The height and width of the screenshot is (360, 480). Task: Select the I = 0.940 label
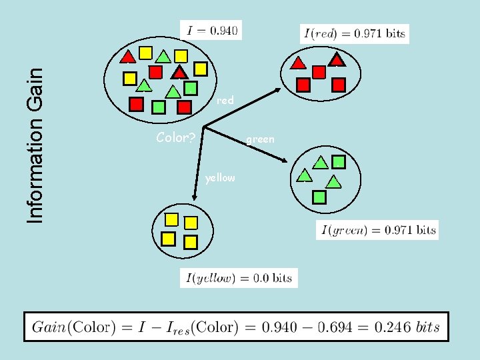pyautogui.click(x=209, y=30)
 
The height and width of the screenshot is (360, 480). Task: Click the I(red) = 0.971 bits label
pyautogui.click(x=354, y=33)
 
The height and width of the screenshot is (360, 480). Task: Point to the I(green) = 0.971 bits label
pyautogui.click(x=378, y=231)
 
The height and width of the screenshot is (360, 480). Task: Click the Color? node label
pyautogui.click(x=175, y=139)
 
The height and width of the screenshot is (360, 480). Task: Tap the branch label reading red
pyautogui.click(x=225, y=101)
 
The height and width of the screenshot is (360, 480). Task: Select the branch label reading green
pyautogui.click(x=260, y=139)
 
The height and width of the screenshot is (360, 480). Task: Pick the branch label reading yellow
pyautogui.click(x=220, y=178)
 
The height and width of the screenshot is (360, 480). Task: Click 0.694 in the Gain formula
pyautogui.click(x=354, y=327)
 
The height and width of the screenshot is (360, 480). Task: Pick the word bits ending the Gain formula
pyautogui.click(x=427, y=327)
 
